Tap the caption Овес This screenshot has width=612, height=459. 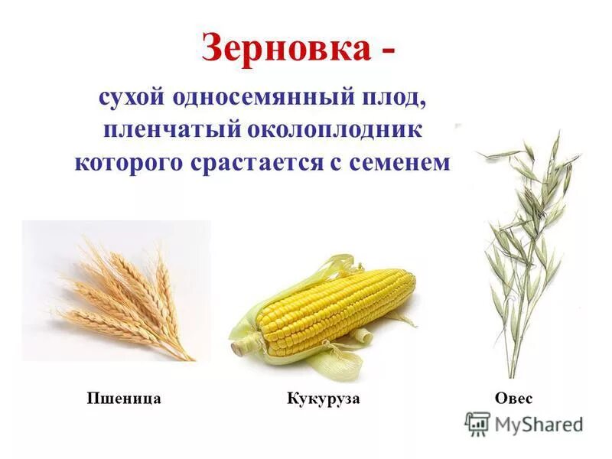click(x=514, y=399)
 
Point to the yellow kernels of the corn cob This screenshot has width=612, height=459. click(x=337, y=306)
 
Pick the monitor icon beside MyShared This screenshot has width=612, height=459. click(x=477, y=423)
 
